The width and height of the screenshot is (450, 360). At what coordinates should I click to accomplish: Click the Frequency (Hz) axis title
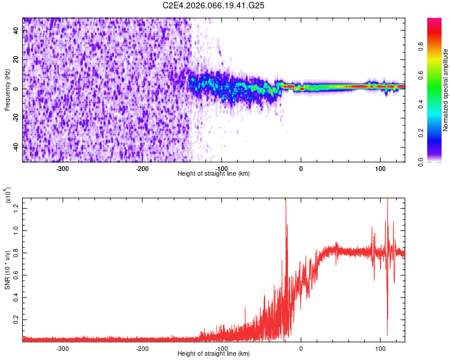tap(7, 90)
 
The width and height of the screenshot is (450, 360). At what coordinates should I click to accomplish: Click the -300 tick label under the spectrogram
tap(63, 168)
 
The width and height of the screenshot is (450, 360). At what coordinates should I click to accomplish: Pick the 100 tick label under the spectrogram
tap(380, 168)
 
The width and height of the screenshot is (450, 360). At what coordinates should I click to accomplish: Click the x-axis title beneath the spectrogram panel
tap(214, 174)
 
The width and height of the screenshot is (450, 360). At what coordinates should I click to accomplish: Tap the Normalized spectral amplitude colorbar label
tap(445, 90)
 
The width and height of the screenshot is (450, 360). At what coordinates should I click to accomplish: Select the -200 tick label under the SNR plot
tap(142, 348)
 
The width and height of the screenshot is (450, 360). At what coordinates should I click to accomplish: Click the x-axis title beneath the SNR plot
tap(214, 354)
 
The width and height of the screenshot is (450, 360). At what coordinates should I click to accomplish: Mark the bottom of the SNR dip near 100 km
tap(387, 334)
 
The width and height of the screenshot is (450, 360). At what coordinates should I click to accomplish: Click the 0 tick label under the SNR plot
tap(301, 348)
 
